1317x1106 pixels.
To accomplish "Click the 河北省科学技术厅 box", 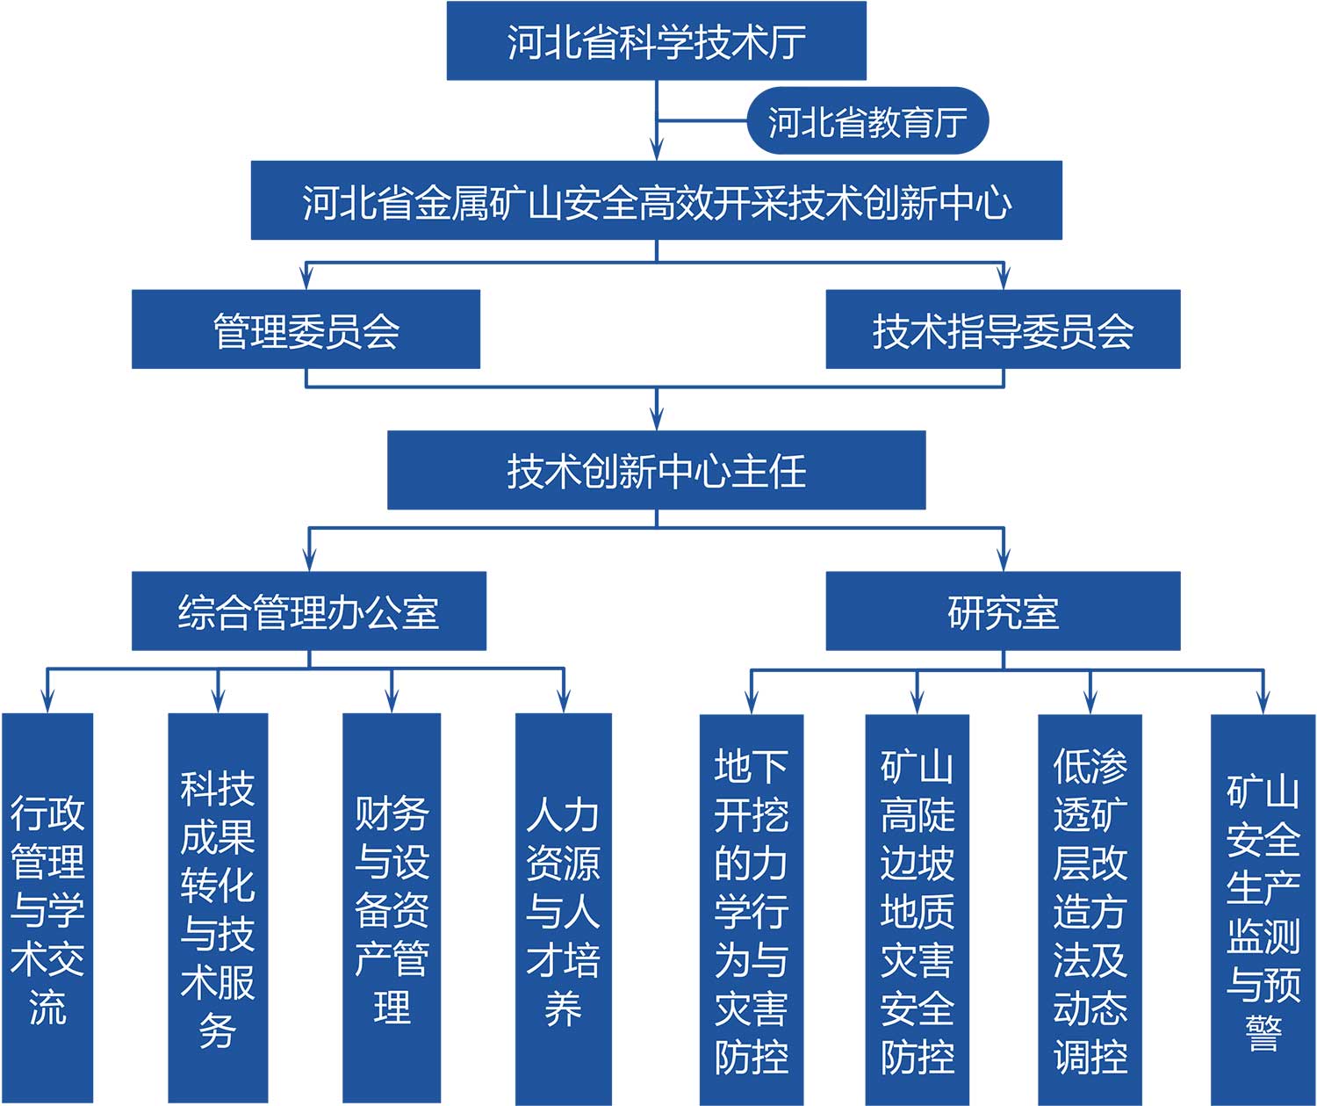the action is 656,41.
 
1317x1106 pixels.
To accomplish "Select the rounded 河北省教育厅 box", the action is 867,120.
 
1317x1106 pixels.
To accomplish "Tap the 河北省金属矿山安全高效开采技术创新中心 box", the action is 656,200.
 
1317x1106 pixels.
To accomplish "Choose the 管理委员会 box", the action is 306,329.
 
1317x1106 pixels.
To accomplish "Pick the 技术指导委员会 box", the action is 1003,329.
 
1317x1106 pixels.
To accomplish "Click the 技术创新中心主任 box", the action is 656,470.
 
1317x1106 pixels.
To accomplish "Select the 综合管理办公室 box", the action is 309,611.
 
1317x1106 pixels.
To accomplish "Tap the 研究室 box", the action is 1003,611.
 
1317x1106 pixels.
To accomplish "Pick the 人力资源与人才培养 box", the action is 564,909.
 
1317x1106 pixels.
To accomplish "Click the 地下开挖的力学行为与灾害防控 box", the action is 752,910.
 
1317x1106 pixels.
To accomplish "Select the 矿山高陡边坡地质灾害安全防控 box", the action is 918,910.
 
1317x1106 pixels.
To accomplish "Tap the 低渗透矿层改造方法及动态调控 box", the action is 1090,910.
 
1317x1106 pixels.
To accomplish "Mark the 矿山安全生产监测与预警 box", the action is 1263,910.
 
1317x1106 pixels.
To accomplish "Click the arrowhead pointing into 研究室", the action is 1004,560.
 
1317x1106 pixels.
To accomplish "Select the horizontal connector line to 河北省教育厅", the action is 702,120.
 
